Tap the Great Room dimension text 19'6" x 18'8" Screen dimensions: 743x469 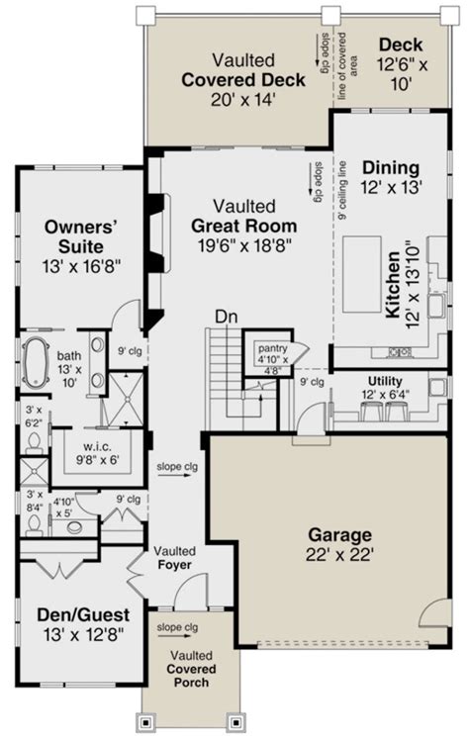pos(243,244)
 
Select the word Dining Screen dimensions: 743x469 pos(390,167)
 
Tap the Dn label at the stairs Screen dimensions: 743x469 pos(227,317)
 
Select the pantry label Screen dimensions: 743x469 pos(272,348)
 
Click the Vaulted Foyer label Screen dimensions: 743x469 pos(174,558)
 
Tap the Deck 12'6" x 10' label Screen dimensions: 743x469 pos(400,62)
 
